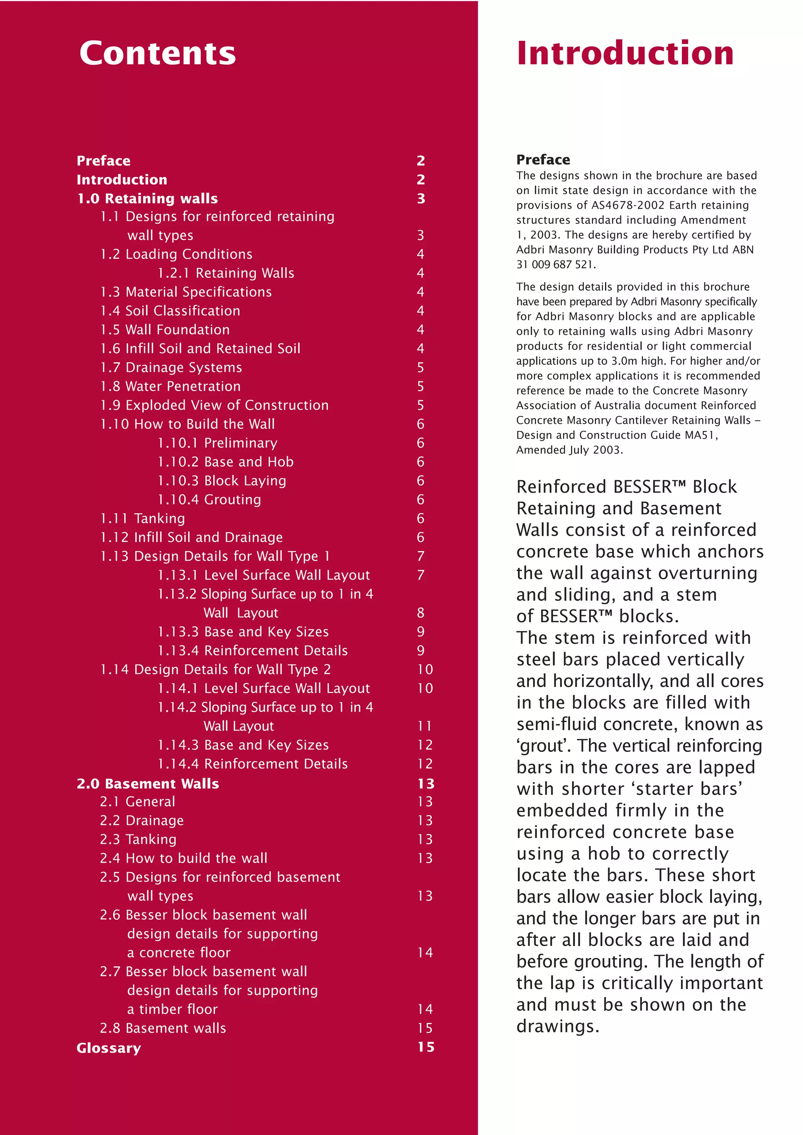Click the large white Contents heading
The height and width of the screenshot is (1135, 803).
pyautogui.click(x=157, y=53)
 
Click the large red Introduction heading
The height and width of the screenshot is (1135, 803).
pyautogui.click(x=625, y=53)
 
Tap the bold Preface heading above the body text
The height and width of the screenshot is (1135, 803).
pyautogui.click(x=543, y=160)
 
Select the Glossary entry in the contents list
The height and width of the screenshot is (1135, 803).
pyautogui.click(x=109, y=1048)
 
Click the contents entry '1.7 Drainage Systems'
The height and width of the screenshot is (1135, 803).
pyautogui.click(x=171, y=367)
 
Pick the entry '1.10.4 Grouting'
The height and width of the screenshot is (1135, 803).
pyautogui.click(x=209, y=499)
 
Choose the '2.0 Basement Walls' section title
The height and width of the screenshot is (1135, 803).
pyautogui.click(x=147, y=783)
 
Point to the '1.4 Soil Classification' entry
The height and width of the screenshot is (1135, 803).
pyautogui.click(x=170, y=310)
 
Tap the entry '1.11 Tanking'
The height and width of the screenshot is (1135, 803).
pyautogui.click(x=142, y=518)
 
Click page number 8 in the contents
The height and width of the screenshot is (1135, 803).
pyautogui.click(x=421, y=613)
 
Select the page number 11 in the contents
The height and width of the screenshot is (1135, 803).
pyautogui.click(x=425, y=726)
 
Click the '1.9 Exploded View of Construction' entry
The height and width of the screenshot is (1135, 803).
pyautogui.click(x=214, y=405)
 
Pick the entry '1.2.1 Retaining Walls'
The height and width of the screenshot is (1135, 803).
pyautogui.click(x=226, y=273)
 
